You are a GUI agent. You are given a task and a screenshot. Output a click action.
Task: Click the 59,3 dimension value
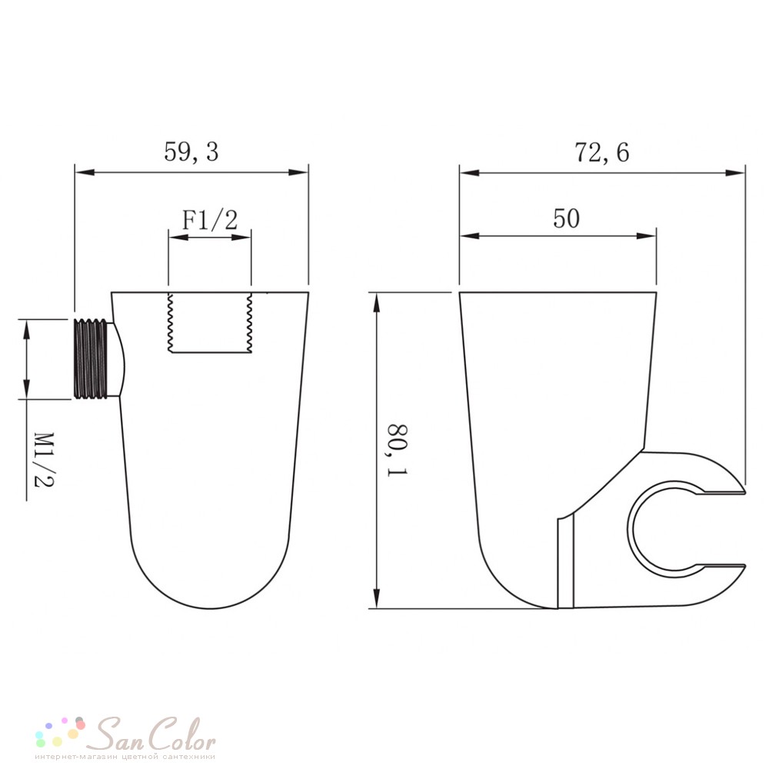tap(191, 151)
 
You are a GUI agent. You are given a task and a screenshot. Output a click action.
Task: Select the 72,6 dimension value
tap(601, 152)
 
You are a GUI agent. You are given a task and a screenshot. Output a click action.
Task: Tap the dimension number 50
tap(566, 218)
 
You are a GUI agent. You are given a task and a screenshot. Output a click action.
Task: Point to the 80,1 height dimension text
tap(398, 450)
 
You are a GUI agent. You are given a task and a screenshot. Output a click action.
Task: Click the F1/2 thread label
tap(210, 219)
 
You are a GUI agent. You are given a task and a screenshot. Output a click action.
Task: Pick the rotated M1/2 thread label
tap(44, 460)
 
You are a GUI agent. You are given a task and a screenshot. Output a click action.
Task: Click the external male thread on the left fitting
tap(91, 358)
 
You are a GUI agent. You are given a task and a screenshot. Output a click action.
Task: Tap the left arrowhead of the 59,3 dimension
tap(84, 172)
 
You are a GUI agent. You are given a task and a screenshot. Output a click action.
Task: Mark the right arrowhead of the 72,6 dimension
tap(735, 172)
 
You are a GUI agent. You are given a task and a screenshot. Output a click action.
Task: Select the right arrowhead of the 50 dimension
tap(647, 236)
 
